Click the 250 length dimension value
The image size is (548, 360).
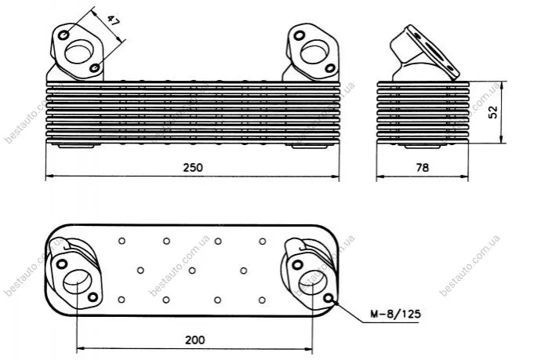tap(193, 168)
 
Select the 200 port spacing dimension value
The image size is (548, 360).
tap(195, 340)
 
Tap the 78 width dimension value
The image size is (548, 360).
tap(423, 168)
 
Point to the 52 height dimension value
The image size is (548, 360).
tap(493, 112)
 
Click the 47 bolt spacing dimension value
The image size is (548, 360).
tap(113, 22)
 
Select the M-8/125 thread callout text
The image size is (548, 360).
tap(396, 314)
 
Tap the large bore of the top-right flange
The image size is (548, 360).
tap(314, 52)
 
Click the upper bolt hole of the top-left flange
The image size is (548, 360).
tap(64, 35)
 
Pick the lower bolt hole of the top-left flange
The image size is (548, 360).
tap(95, 67)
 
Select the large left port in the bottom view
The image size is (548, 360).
tap(78, 282)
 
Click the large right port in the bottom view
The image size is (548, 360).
tap(313, 282)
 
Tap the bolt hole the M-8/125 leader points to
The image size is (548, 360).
tap(328, 298)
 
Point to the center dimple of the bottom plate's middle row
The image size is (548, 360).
tap(192, 271)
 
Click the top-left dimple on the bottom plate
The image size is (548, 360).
tap(122, 241)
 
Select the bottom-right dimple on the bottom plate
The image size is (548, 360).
tap(262, 300)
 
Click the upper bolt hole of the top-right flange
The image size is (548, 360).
tap(299, 35)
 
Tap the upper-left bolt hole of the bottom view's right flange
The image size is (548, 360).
tap(297, 264)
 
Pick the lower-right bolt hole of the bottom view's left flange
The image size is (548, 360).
tap(93, 297)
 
